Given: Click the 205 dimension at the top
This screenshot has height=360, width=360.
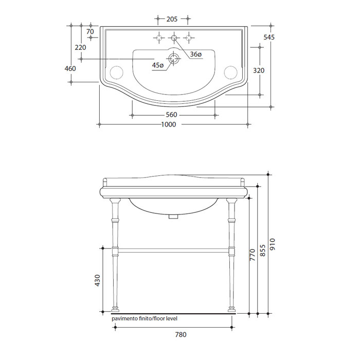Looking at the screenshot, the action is click(x=172, y=19).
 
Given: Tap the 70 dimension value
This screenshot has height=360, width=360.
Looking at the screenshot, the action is click(x=90, y=31).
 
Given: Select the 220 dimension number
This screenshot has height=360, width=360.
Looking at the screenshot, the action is click(x=80, y=47).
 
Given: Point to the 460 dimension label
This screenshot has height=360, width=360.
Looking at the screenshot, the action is click(x=70, y=68).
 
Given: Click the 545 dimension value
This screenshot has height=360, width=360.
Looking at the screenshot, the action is click(x=269, y=37).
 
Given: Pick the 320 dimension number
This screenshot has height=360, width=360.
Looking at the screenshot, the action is click(x=259, y=70).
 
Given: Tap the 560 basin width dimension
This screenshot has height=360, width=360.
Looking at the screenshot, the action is click(x=171, y=115).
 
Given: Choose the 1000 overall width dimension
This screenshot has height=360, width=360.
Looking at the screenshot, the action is click(x=169, y=124).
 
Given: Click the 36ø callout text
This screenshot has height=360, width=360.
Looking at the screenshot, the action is click(x=196, y=55).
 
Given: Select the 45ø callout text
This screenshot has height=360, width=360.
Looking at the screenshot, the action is click(x=158, y=65).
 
